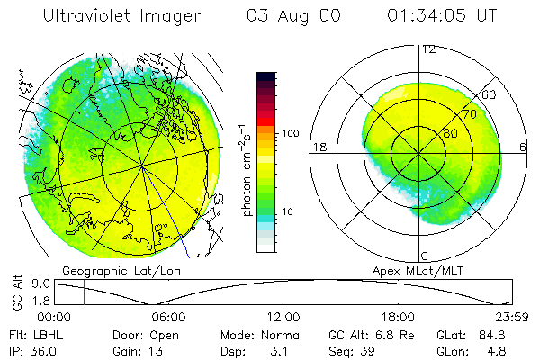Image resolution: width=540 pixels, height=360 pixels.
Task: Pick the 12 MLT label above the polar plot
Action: click(x=427, y=49)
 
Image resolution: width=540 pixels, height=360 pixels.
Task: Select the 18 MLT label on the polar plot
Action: click(x=319, y=147)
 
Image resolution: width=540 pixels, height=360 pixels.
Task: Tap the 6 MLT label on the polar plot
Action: click(x=523, y=147)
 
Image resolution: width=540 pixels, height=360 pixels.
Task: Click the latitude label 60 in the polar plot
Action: click(x=490, y=94)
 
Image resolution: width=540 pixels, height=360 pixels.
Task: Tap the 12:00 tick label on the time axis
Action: click(x=283, y=317)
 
